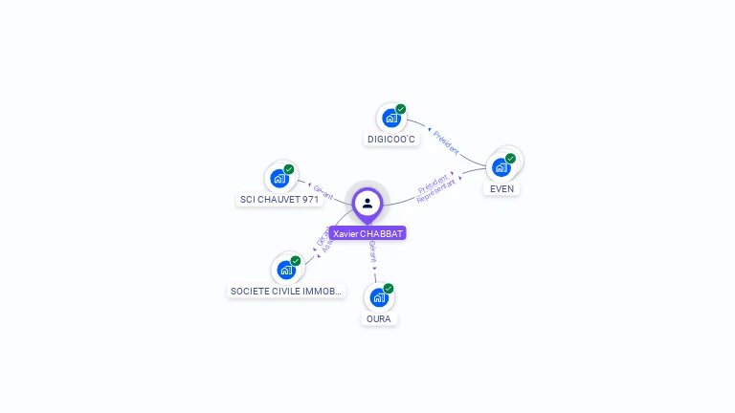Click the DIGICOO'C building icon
[390, 118]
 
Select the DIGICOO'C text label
[391, 140]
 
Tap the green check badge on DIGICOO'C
[401, 109]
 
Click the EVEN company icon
[500, 167]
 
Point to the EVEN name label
[501, 189]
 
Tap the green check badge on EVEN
[510, 159]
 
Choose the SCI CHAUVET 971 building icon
[278, 178]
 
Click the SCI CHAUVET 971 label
[278, 200]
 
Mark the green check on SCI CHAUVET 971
[289, 169]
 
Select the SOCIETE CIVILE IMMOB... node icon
[285, 270]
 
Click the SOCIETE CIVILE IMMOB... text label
[286, 291]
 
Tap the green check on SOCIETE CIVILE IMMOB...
[296, 261]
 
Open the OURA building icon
[378, 297]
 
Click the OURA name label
[378, 318]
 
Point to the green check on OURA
[389, 288]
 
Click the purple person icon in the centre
[367, 203]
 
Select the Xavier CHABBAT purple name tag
[367, 233]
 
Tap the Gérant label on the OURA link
[372, 251]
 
